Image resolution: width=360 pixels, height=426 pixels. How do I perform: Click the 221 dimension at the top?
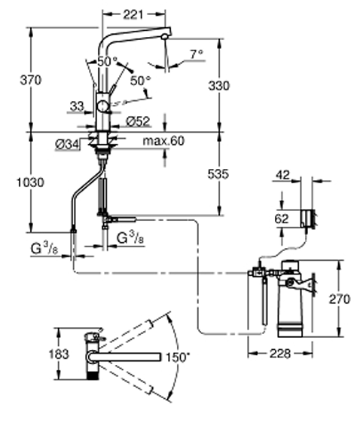[133, 14]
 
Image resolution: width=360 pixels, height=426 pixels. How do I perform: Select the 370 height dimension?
[31, 80]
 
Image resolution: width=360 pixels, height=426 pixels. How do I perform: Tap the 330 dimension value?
[218, 86]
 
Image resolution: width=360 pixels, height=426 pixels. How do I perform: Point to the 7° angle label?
[197, 54]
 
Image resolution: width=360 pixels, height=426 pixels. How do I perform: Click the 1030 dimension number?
[30, 182]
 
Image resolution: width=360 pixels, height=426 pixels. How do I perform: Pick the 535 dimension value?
[218, 174]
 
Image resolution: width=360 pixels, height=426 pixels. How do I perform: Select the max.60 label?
[163, 141]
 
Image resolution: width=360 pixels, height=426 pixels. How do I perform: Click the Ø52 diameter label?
[138, 121]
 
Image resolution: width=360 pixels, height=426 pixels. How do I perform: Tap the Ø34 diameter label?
[67, 145]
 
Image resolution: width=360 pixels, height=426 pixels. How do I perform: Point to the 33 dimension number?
[77, 106]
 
